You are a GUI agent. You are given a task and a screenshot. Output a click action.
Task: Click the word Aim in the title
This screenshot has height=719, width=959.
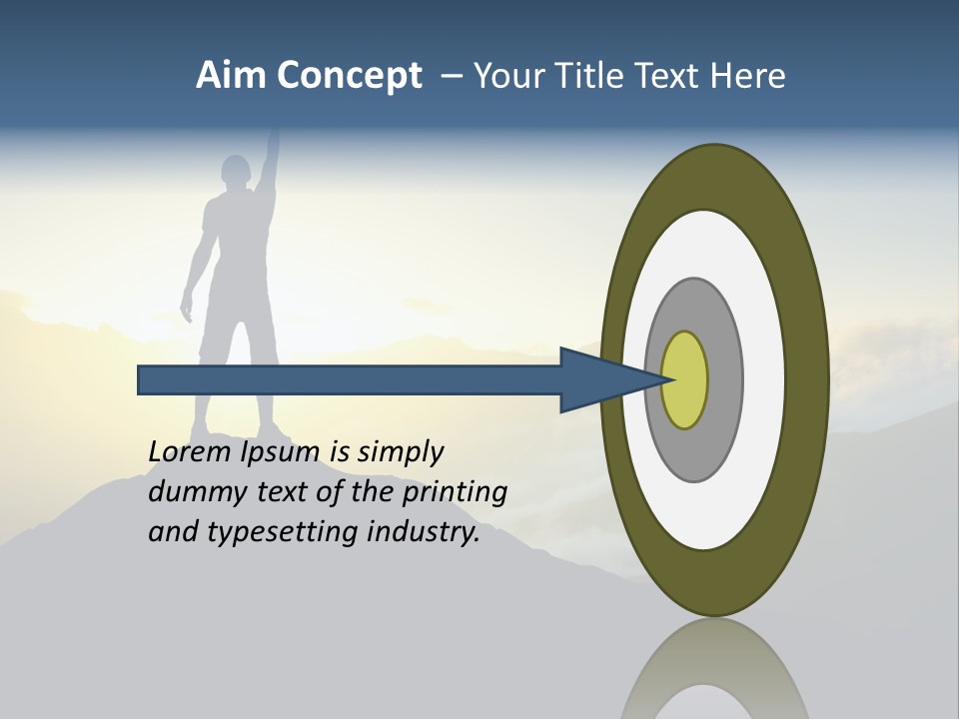(231, 76)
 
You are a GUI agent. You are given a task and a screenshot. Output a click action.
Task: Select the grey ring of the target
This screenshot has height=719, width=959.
(723, 379)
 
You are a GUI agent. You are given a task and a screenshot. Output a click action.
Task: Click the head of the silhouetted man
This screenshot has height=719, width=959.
(237, 172)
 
